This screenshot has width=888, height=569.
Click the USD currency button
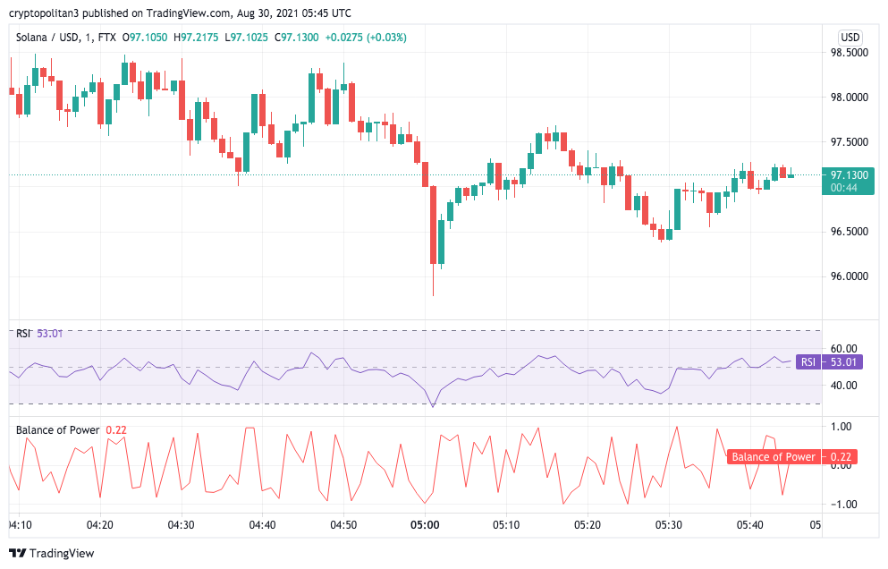pyautogui.click(x=850, y=38)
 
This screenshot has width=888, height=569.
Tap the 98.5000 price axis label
pyautogui.click(x=849, y=53)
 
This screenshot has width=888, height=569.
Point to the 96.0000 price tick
pyautogui.click(x=849, y=276)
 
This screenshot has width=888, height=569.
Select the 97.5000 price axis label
pyautogui.click(x=849, y=142)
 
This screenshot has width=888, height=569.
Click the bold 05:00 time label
pyautogui.click(x=424, y=525)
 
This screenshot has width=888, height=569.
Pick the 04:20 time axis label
pyautogui.click(x=99, y=525)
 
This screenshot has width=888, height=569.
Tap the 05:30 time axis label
pyautogui.click(x=668, y=525)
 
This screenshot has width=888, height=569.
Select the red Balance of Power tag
pyautogui.click(x=791, y=457)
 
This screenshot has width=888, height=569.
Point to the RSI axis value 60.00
pyautogui.click(x=844, y=348)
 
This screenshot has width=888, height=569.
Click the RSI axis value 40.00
pyautogui.click(x=844, y=386)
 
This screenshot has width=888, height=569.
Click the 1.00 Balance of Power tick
pyautogui.click(x=841, y=427)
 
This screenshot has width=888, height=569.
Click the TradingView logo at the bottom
pyautogui.click(x=52, y=554)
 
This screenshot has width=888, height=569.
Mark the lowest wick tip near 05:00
pyautogui.click(x=433, y=295)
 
